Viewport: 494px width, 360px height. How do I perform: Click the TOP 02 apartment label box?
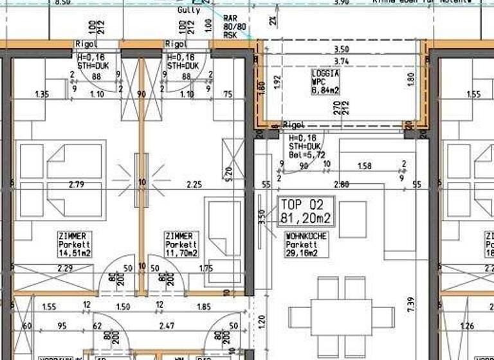(x=306, y=212)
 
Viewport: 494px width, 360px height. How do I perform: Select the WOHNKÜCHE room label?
(x=307, y=237)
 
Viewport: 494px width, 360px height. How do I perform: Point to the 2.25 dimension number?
(x=194, y=184)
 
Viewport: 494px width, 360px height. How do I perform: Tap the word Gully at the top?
(x=188, y=10)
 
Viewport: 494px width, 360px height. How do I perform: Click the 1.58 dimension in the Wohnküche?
(x=365, y=166)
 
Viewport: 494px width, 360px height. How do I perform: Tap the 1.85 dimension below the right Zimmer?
(x=203, y=307)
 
